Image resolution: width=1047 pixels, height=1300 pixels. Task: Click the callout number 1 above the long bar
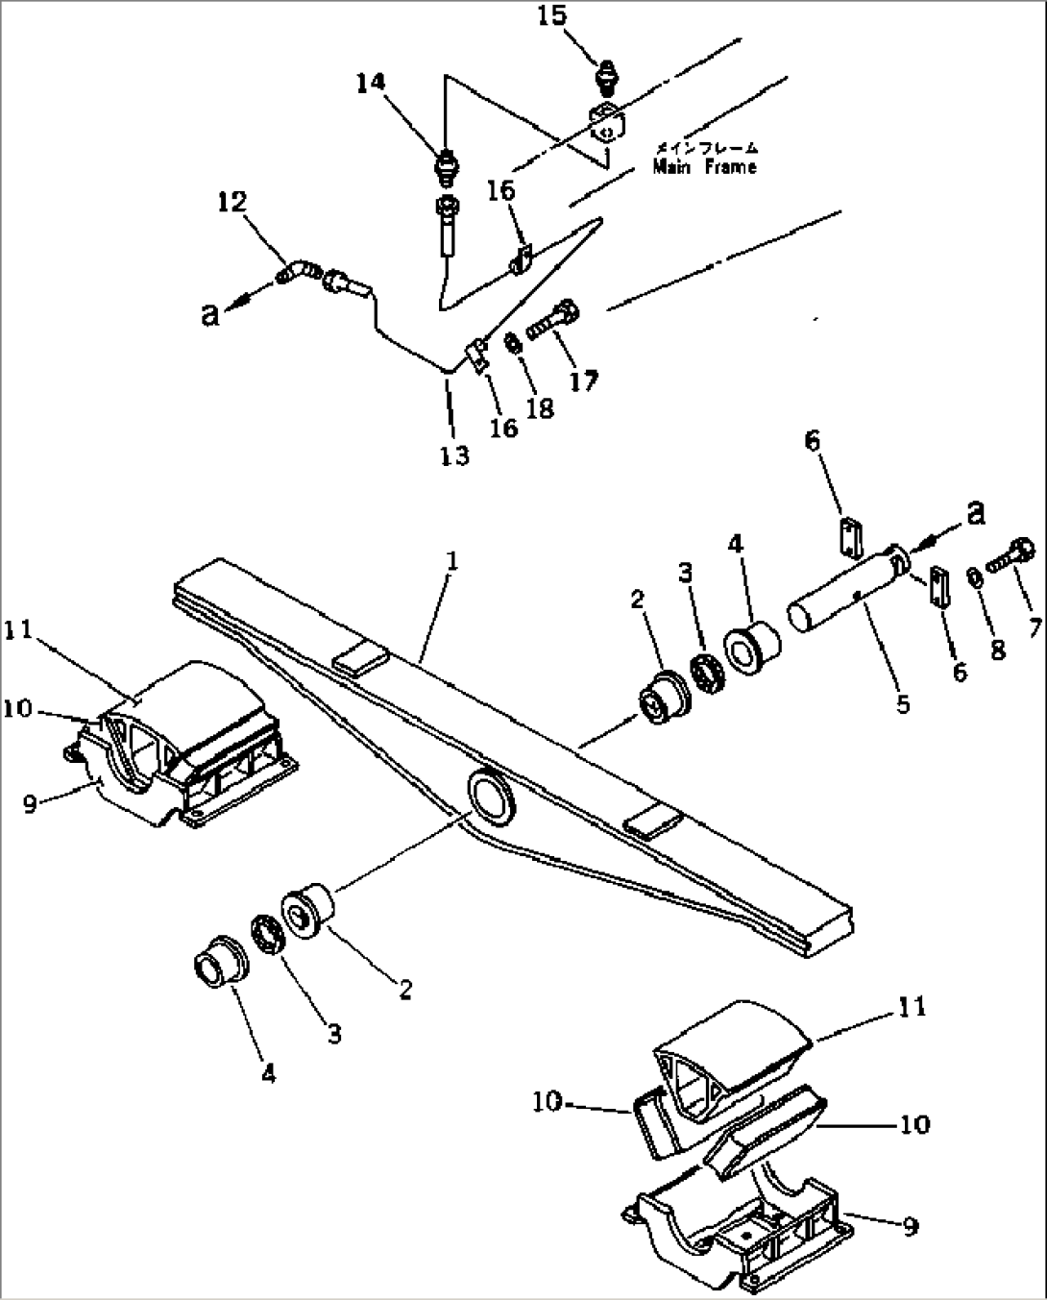[451, 561]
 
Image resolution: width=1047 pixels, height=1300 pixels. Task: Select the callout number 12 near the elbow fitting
[231, 202]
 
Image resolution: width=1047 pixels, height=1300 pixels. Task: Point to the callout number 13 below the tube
[454, 456]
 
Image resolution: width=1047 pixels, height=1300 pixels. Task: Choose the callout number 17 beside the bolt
[584, 380]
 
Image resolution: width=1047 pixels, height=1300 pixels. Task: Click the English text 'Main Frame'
[704, 167]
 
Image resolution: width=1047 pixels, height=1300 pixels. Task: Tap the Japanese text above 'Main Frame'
[707, 147]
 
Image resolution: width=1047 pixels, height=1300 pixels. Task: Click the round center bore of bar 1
[492, 795]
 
